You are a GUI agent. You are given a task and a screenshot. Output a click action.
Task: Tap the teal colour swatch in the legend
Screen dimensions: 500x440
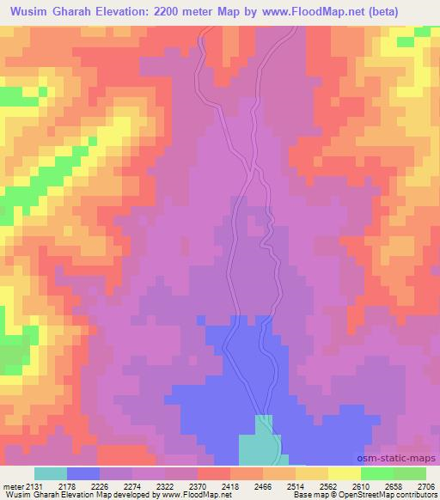click(51, 473)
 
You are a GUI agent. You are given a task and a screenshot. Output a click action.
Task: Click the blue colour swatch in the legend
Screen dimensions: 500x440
click(83, 473)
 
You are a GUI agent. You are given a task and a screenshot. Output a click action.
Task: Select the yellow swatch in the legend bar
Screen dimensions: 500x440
click(345, 473)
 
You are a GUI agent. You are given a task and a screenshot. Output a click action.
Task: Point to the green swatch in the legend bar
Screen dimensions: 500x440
click(377, 473)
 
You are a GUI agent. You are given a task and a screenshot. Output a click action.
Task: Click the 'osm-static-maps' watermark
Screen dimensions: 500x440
click(400, 459)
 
